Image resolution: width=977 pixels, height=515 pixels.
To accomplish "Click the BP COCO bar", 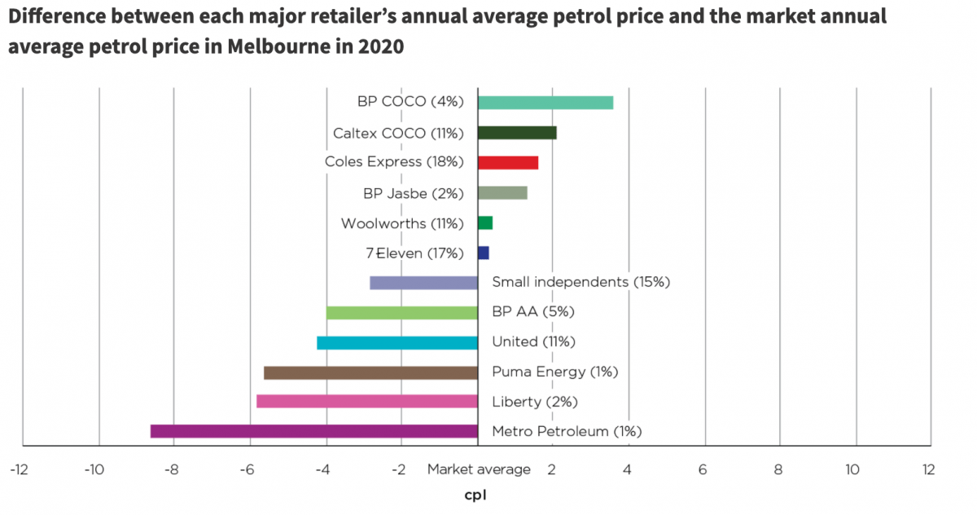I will click(x=545, y=103).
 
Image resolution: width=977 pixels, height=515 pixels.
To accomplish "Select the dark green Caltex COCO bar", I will click(x=516, y=133).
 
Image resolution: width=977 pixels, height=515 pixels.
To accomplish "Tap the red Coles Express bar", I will click(x=507, y=162).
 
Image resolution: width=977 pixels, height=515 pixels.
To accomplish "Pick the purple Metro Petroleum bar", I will click(x=313, y=431).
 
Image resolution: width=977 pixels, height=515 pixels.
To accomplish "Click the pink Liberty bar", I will click(x=366, y=401).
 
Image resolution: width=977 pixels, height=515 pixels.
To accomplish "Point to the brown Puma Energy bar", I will click(x=370, y=372).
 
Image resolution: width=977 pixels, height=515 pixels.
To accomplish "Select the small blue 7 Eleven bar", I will click(x=483, y=253).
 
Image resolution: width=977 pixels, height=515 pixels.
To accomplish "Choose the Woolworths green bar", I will click(x=484, y=223).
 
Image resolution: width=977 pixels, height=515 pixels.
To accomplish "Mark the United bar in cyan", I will click(x=396, y=342).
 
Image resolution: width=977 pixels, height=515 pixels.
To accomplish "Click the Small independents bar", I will click(x=423, y=283).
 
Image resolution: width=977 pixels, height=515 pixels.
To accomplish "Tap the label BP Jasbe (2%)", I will click(x=413, y=194).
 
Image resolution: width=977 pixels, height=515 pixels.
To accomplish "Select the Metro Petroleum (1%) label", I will click(x=567, y=432).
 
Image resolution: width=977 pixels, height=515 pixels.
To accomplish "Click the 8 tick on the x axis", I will click(x=778, y=469).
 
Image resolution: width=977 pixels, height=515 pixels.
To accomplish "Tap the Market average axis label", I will click(x=479, y=469).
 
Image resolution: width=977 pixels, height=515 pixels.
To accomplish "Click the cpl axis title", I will click(x=475, y=495).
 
